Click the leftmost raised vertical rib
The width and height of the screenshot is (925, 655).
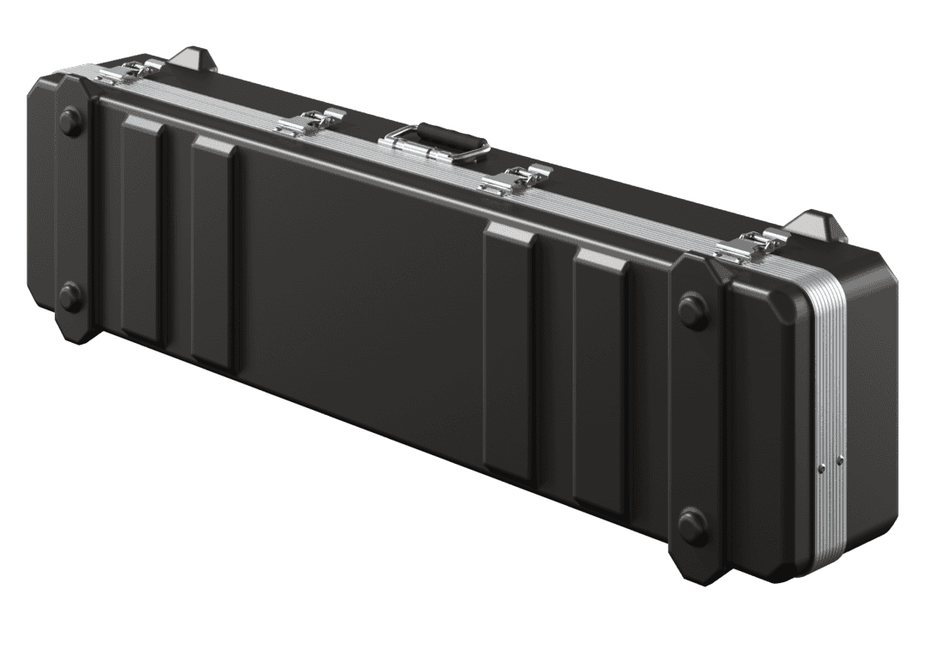[x=142, y=232]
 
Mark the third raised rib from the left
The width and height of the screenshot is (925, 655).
[x=510, y=352]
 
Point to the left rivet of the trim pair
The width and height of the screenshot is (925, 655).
[x=821, y=467]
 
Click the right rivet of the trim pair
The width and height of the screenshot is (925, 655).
[x=839, y=460]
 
